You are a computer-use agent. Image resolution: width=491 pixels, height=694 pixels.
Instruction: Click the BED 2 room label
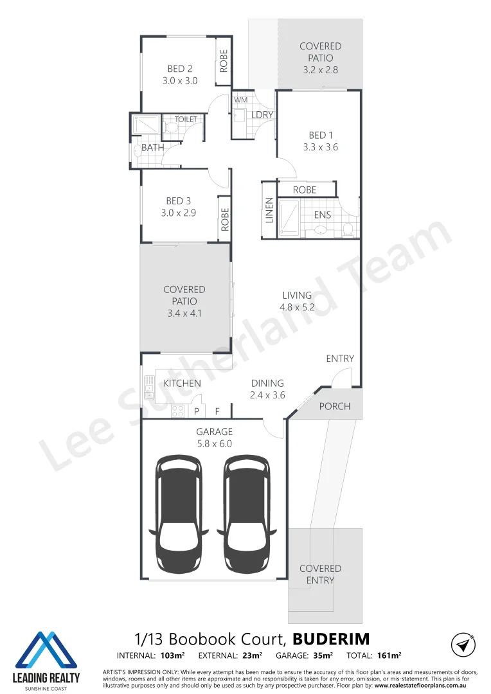180,69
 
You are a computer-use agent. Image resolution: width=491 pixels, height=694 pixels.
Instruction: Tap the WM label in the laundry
240,100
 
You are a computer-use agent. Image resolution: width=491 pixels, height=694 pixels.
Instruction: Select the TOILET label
186,119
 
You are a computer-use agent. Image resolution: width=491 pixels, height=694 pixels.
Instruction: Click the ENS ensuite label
322,215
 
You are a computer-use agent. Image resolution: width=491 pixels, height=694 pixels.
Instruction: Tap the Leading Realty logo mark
46,649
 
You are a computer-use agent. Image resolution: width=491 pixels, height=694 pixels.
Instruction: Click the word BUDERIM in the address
331,639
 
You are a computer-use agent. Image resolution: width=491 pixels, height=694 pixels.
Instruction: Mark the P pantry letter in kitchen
195,411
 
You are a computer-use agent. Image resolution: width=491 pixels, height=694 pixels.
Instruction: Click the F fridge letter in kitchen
217,411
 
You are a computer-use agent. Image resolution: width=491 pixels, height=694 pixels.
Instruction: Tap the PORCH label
335,406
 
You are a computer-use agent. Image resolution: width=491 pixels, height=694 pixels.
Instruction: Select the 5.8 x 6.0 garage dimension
215,443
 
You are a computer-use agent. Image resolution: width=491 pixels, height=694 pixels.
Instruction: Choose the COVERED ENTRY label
320,574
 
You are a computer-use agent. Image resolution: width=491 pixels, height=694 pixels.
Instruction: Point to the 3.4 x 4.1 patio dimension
184,313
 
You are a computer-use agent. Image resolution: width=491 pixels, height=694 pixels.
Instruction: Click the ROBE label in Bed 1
305,190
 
